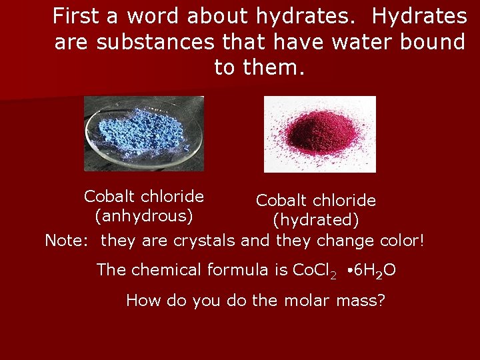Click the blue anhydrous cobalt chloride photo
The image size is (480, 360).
click(144, 133)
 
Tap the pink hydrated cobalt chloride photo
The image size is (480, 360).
click(320, 134)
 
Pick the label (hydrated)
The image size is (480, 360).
click(316, 219)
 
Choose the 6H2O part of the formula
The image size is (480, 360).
click(374, 271)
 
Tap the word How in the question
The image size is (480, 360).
click(140, 301)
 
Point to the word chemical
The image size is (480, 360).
click(165, 270)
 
